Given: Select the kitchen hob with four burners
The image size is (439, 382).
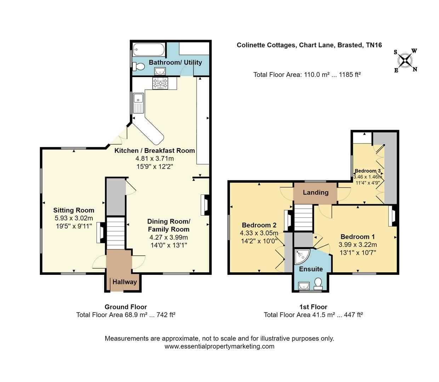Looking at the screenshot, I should coord(160,83).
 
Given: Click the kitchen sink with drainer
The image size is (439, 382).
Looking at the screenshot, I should coord(138,103).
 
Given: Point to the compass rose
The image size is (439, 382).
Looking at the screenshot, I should coord(405,60).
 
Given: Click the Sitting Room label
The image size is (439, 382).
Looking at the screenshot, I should coord(74,210).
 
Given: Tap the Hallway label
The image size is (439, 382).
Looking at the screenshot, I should coord(124,282).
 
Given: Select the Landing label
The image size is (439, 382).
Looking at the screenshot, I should coord(315,192).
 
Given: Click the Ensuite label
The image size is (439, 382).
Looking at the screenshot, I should coord(311,269).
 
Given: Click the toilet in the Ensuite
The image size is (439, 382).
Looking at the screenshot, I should coord(318,283).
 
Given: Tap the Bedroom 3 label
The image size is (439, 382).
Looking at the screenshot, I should coord(367,171).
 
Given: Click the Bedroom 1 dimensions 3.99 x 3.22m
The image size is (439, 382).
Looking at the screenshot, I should coord(358,245).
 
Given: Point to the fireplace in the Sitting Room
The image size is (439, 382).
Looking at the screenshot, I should coord(100,232).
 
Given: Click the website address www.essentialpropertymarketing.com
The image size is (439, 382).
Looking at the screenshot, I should coord(219,347).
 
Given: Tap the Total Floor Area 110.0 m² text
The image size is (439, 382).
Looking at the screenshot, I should coord(307,75).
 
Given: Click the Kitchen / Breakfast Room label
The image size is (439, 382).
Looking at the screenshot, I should coord(154,151).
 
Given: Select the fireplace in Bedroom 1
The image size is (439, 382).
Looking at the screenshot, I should coord(392,216).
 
